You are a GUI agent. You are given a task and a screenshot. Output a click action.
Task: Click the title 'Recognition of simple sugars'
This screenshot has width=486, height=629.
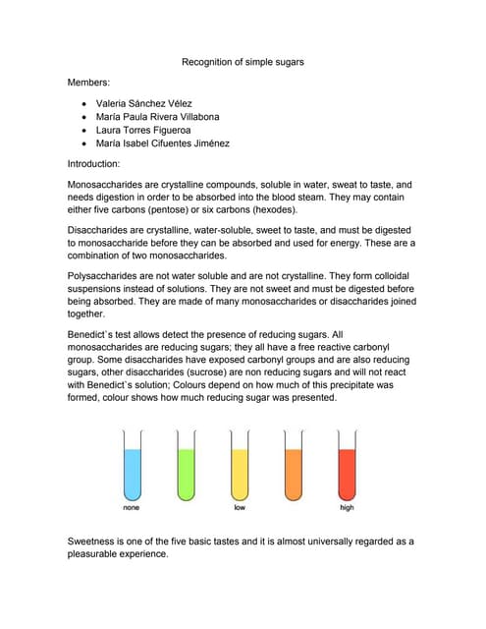(243, 62)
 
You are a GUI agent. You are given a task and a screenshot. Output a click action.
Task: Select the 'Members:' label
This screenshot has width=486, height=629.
(88, 83)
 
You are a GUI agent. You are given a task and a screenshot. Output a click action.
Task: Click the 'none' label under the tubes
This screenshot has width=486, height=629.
(131, 508)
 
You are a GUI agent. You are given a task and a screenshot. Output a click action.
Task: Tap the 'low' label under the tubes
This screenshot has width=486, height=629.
(240, 508)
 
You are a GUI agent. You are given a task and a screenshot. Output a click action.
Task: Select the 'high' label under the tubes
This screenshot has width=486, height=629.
(347, 508)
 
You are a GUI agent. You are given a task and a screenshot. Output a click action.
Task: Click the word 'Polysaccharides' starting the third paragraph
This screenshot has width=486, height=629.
(103, 277)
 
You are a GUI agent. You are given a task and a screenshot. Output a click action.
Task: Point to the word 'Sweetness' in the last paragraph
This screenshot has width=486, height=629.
(95, 542)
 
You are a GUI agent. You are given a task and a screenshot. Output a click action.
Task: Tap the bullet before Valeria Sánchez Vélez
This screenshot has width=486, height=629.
(86, 103)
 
